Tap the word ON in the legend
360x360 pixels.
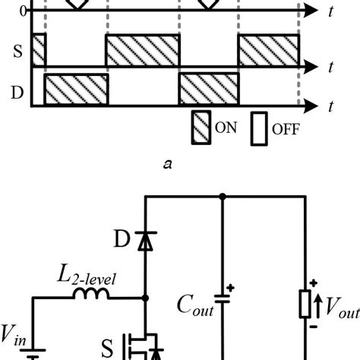pos(226,128)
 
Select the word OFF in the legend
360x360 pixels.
pos(286,129)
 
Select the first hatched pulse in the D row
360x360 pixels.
pos(77,90)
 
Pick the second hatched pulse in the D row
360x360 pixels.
pos(209,90)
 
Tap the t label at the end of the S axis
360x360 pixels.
pos(332,68)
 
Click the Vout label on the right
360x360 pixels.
pos(340,308)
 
